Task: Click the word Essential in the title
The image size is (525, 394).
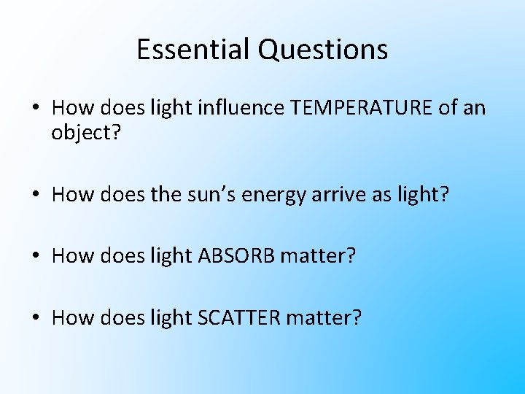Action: pyautogui.click(x=193, y=50)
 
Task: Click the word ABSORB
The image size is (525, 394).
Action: pyautogui.click(x=233, y=256)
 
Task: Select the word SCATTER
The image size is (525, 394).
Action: pyautogui.click(x=236, y=317)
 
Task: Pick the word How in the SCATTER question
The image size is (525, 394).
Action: pyautogui.click(x=70, y=317)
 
